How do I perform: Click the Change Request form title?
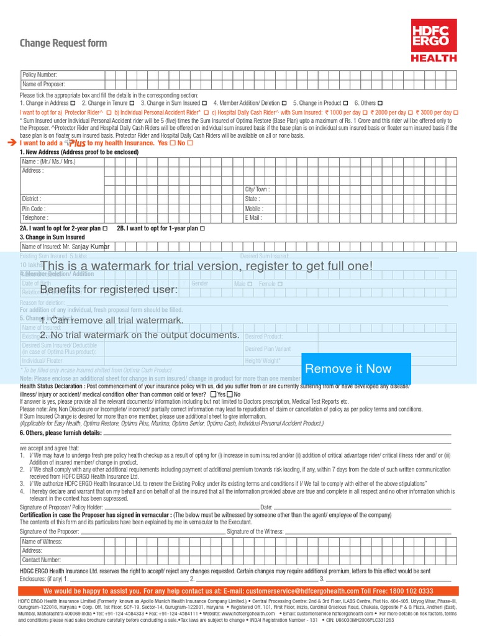click(63, 43)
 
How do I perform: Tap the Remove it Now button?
click(348, 368)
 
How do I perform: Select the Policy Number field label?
click(40, 75)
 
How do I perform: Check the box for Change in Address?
click(73, 103)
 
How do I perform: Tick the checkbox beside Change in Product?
click(346, 103)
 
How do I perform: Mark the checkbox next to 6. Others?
click(380, 103)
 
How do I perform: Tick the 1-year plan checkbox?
click(202, 229)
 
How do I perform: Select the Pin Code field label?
click(34, 209)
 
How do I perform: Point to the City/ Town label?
click(258, 189)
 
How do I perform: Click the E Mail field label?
click(254, 218)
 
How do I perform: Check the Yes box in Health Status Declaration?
click(214, 394)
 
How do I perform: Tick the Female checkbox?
click(280, 284)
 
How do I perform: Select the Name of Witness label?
click(42, 542)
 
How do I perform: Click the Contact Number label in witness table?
click(42, 560)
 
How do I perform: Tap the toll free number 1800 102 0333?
click(411, 591)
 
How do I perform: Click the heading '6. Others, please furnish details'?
click(60, 433)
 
